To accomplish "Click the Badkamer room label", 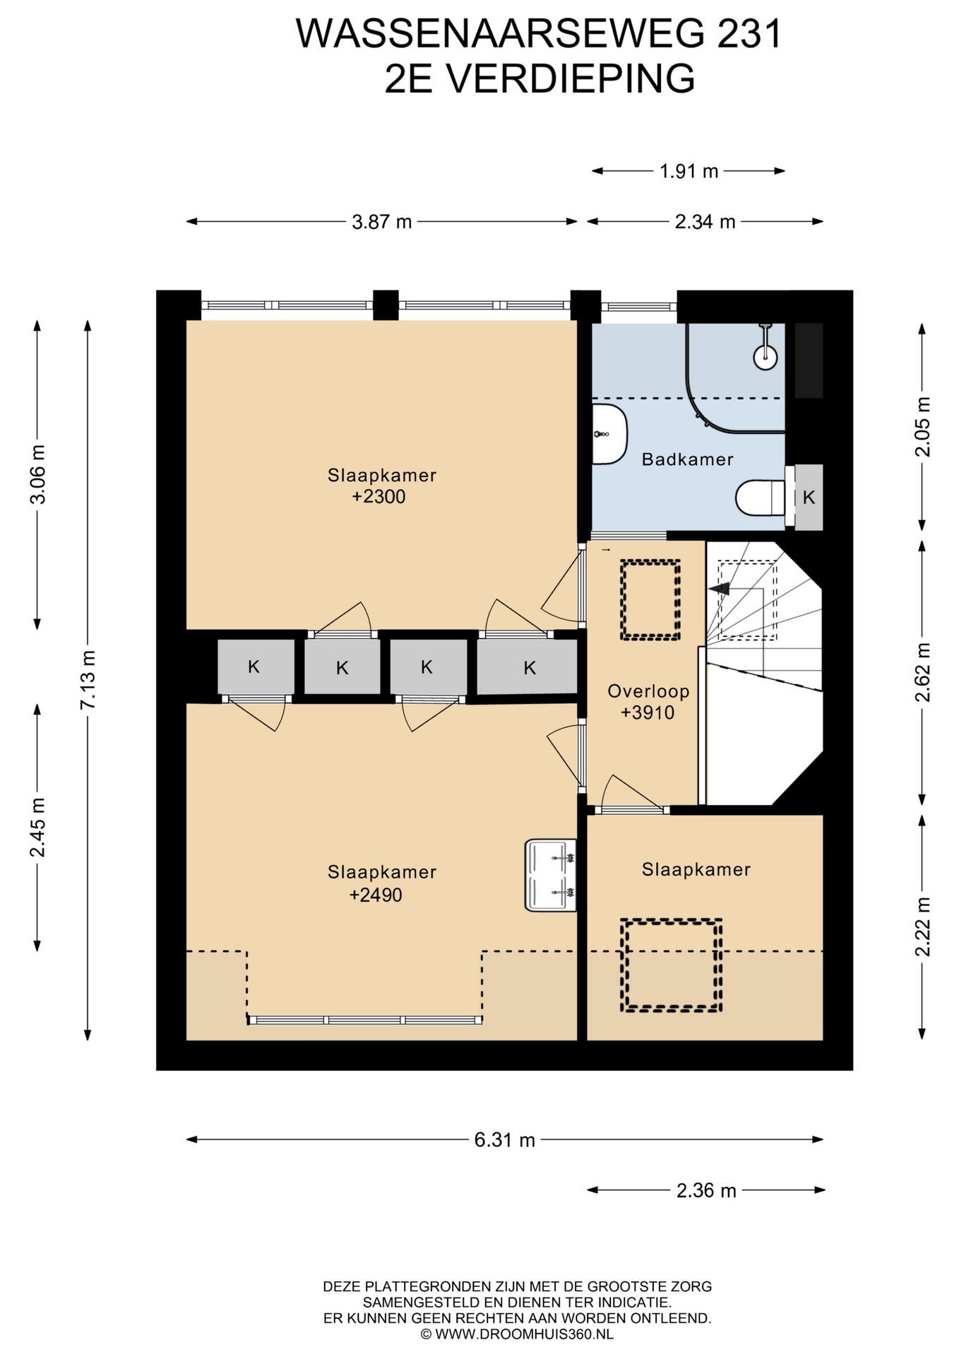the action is click(x=687, y=459).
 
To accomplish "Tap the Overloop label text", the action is click(x=648, y=691).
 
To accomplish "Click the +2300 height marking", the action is click(x=379, y=497).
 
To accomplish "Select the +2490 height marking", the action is click(x=376, y=895).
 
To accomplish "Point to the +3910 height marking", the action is click(x=648, y=713).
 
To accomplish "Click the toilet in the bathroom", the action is click(x=760, y=498).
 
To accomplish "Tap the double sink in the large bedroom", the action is click(x=551, y=875).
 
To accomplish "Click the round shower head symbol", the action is click(x=765, y=357).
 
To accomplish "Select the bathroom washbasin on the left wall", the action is click(x=609, y=434).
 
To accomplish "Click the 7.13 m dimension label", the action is click(x=87, y=680).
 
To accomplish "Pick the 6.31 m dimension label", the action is click(x=505, y=1140).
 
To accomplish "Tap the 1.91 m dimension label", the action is click(x=689, y=171).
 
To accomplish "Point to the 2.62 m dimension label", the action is click(x=922, y=672).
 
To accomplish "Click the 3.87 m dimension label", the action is click(x=381, y=222).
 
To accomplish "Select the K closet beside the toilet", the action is click(x=809, y=498).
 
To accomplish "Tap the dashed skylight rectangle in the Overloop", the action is click(x=650, y=600).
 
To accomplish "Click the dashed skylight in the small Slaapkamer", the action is click(x=671, y=965).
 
